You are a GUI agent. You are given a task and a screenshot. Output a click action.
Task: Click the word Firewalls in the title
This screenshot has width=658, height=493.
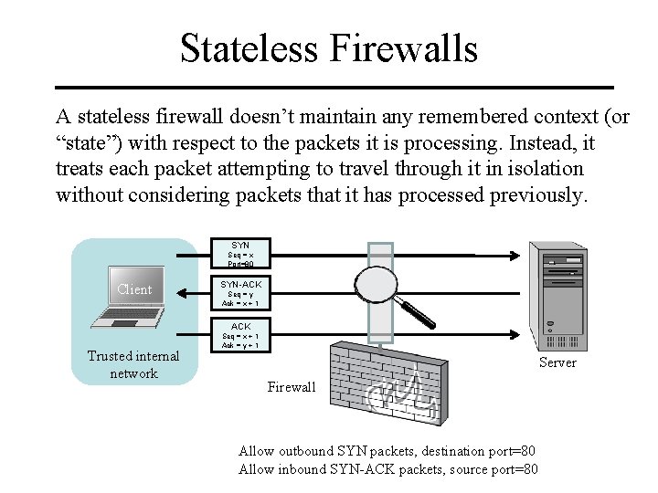[407, 48]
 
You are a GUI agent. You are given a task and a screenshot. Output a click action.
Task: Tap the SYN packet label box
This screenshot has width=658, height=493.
[240, 254]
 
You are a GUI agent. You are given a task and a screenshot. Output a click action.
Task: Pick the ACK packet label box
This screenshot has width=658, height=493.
[240, 335]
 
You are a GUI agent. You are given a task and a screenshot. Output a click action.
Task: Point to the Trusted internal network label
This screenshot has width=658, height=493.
[133, 364]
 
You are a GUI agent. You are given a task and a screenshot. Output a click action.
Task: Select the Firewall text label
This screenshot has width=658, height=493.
[292, 387]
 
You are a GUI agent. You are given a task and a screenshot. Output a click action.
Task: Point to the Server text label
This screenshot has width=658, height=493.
[557, 362]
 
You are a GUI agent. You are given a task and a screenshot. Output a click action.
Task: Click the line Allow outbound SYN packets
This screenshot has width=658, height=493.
[387, 451]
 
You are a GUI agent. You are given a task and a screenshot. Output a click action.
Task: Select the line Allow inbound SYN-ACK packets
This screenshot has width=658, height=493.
[387, 469]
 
